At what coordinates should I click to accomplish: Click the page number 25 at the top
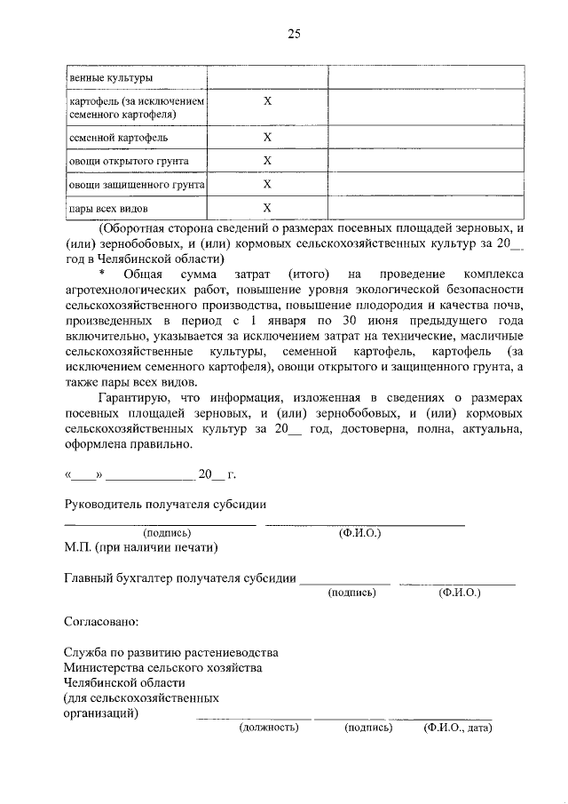pos(294,35)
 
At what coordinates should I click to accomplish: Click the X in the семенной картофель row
pos(267,138)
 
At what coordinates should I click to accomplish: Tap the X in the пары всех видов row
pos(267,208)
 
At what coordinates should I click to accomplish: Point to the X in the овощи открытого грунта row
pos(267,161)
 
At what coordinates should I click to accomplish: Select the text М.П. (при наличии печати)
pos(141,547)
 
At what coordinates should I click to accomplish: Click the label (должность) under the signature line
pos(268,728)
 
